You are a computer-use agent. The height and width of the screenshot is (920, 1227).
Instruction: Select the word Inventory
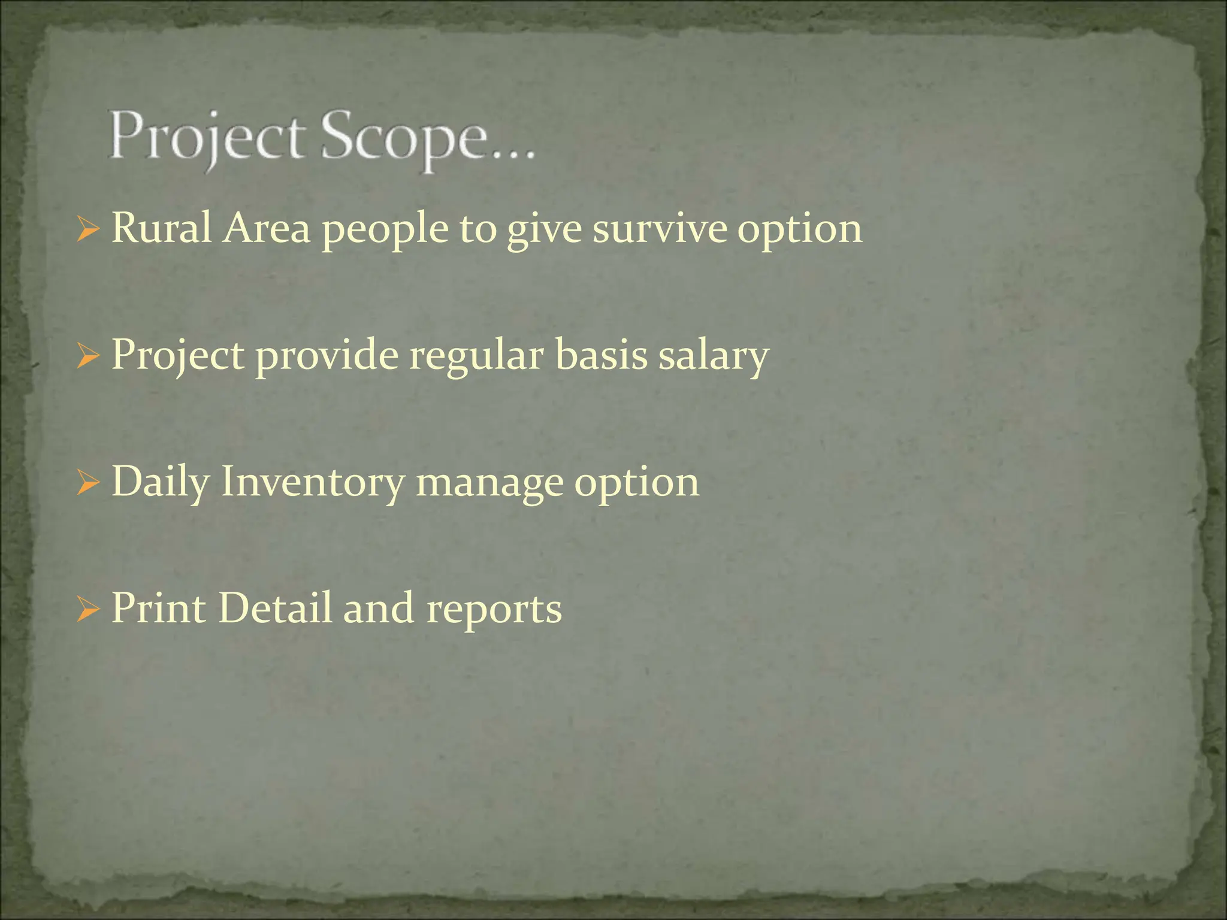pos(312,483)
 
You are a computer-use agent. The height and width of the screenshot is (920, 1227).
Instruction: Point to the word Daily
pos(160,483)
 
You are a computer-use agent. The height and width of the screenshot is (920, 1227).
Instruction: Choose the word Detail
pos(274,609)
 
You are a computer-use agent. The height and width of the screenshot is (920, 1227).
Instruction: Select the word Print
pos(159,609)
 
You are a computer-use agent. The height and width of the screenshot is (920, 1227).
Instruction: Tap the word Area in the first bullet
pos(267,229)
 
